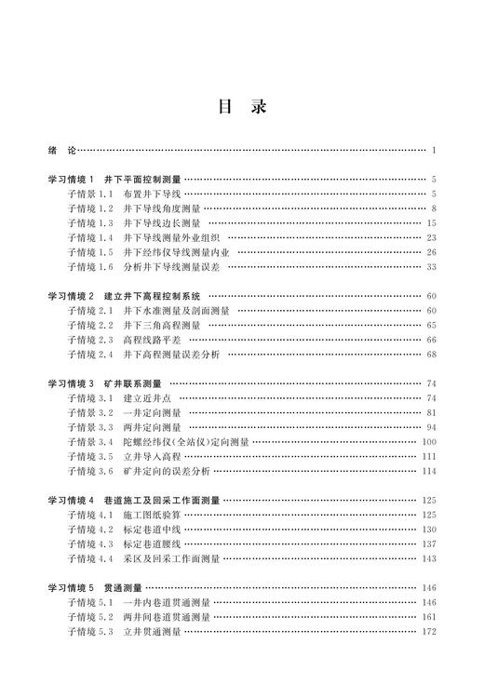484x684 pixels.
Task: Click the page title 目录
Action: click(x=242, y=107)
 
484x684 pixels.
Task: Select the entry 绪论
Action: click(x=60, y=149)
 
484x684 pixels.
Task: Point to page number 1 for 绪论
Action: click(x=434, y=149)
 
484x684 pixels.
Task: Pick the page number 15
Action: click(x=431, y=223)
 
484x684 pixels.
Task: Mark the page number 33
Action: click(x=431, y=268)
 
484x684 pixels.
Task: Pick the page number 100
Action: click(x=429, y=442)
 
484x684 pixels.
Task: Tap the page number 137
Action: click(x=429, y=544)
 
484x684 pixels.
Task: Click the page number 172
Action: click(x=429, y=632)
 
